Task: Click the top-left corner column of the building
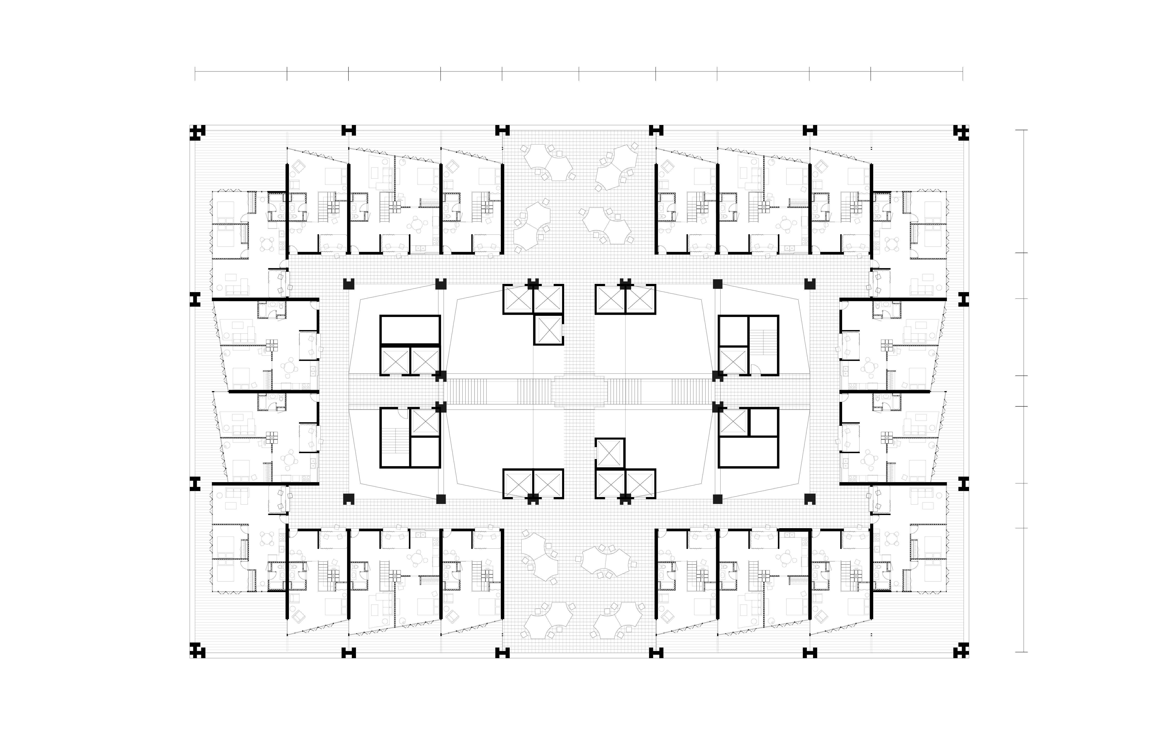(197, 132)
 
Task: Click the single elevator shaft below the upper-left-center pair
(548, 330)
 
